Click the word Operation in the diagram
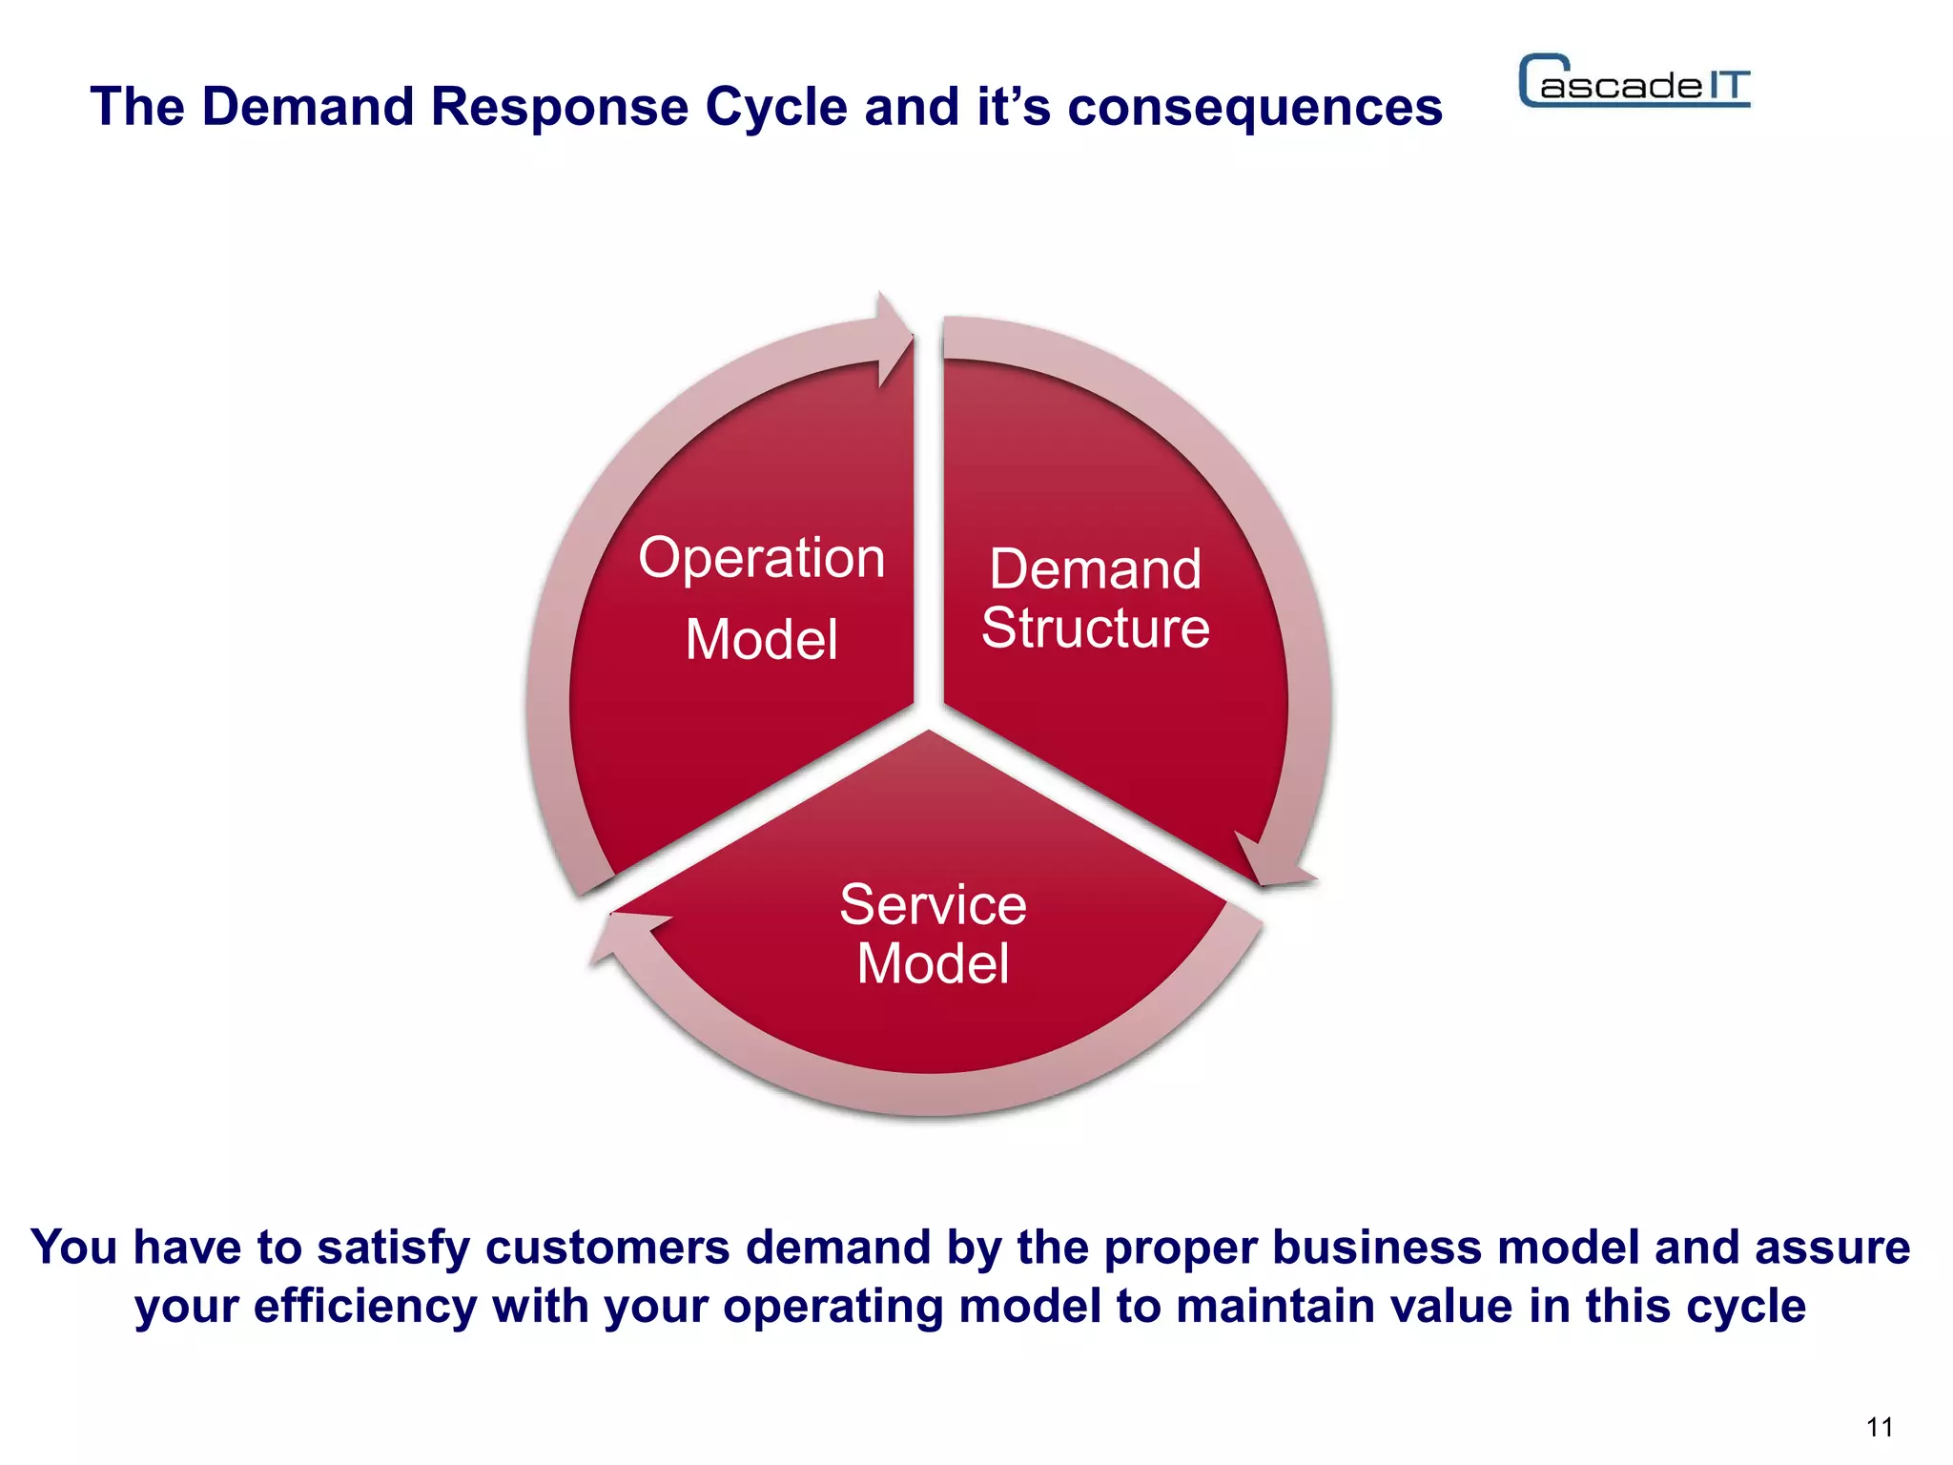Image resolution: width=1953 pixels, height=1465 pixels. [x=761, y=559]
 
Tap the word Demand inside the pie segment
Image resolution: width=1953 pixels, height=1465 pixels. [x=1095, y=569]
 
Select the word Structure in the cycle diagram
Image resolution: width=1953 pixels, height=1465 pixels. [x=1095, y=628]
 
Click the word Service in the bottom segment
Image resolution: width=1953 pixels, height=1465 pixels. [x=933, y=904]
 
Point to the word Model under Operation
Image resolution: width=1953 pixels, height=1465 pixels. [x=761, y=639]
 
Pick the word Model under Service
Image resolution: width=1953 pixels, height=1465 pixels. [x=933, y=963]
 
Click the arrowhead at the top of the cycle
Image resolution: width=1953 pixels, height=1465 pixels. [x=894, y=339]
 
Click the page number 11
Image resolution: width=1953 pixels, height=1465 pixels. [x=1879, y=1427]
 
